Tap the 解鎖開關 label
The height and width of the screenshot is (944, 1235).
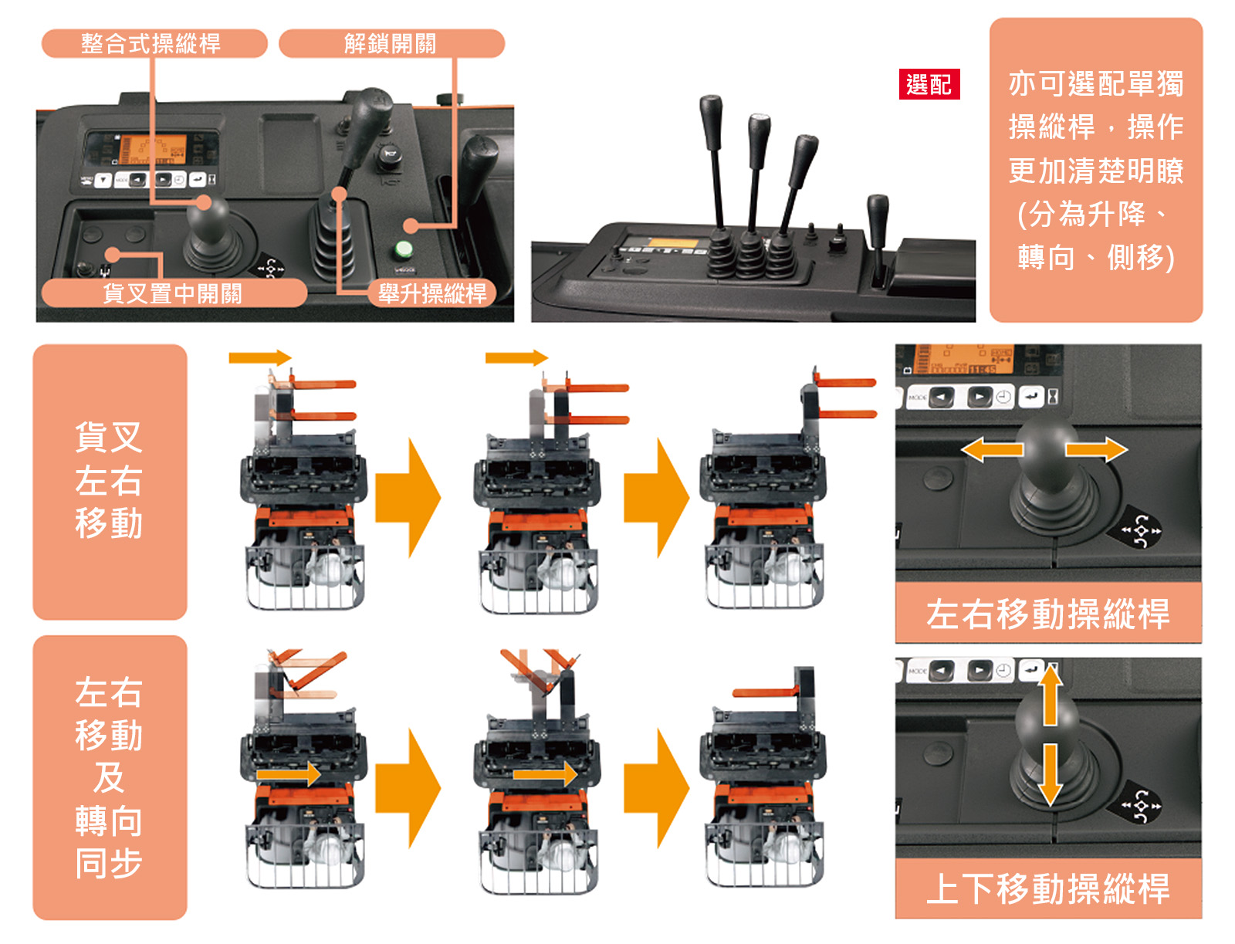[391, 43]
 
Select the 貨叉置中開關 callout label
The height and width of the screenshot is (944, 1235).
[174, 293]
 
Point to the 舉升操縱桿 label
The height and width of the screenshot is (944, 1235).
[432, 293]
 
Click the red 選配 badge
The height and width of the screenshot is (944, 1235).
[929, 84]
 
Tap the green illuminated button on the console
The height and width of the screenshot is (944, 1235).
[403, 249]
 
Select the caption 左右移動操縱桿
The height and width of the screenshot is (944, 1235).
[1048, 614]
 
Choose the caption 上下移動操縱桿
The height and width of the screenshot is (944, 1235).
[1048, 888]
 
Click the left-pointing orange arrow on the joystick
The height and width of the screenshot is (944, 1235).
[992, 448]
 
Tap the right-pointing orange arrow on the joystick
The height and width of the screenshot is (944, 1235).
[1097, 448]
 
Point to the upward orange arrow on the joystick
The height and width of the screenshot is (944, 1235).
[1050, 694]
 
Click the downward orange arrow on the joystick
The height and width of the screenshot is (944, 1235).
[1050, 775]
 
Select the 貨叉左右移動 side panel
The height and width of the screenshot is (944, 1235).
[110, 481]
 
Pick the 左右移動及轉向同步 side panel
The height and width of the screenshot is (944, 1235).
[110, 777]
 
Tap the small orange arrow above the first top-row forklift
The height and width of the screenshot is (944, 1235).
[260, 357]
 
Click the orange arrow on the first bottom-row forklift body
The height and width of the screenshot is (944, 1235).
[288, 773]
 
